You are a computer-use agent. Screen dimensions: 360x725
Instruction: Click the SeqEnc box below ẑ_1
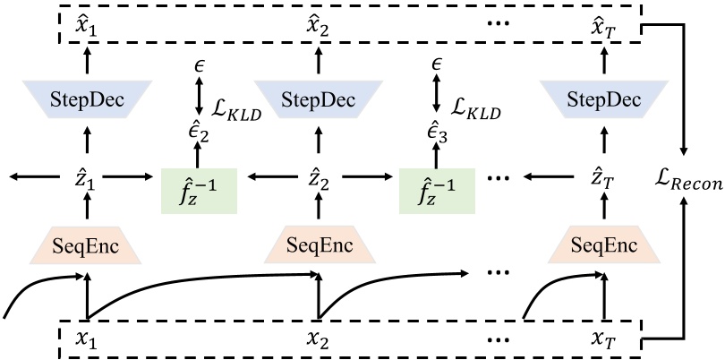(x=87, y=244)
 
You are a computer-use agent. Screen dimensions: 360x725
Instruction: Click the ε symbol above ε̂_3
(x=436, y=65)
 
